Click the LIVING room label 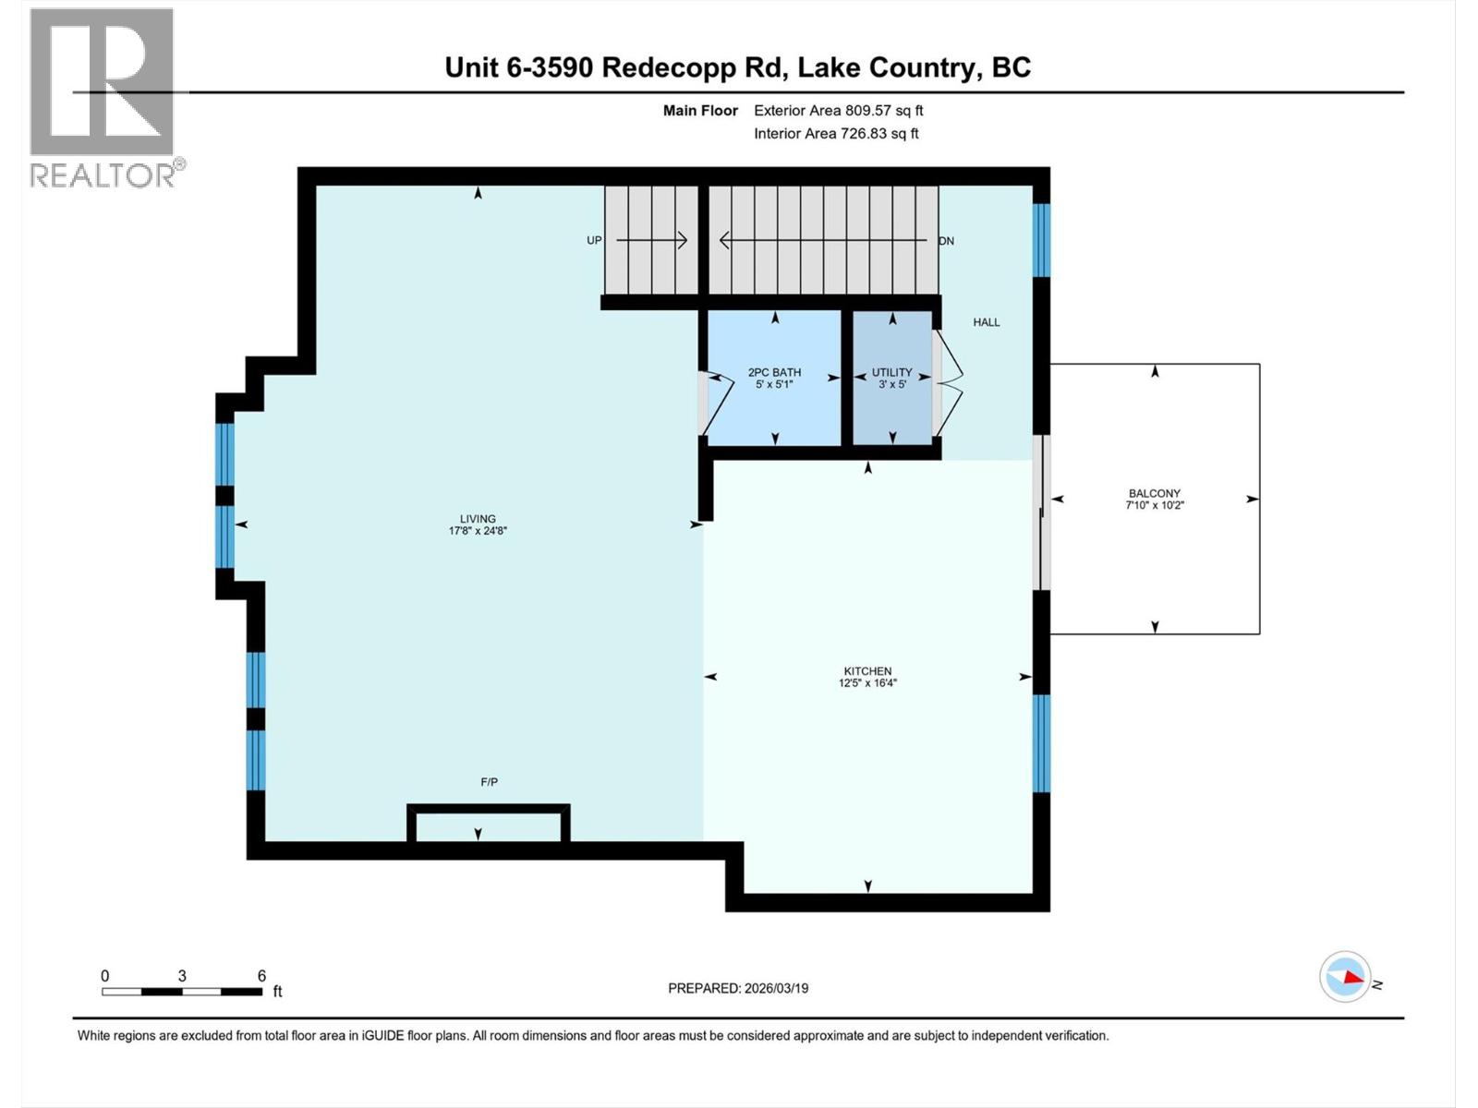(478, 519)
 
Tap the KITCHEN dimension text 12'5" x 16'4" (867, 683)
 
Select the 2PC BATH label (774, 373)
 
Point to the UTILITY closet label (891, 372)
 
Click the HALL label (986, 322)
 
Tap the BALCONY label (1154, 494)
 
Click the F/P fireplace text (489, 782)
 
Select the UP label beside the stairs (594, 241)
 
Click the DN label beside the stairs (946, 241)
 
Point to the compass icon (1345, 977)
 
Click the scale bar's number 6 (261, 976)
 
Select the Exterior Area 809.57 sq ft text (838, 111)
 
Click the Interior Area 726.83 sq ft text (836, 134)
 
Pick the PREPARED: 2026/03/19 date (738, 988)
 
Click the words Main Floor (700, 111)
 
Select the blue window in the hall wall (1041, 240)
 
